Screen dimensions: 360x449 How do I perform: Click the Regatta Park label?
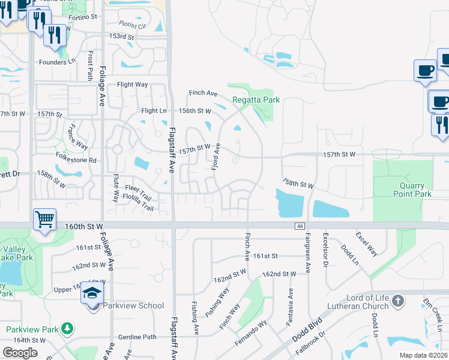click(256, 100)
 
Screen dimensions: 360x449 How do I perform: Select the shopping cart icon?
click(45, 220)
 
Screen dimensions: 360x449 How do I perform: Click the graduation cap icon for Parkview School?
click(92, 293)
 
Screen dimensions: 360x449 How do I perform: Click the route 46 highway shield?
click(299, 226)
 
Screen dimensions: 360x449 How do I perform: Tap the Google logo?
click(20, 353)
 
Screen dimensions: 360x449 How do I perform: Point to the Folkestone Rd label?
click(76, 160)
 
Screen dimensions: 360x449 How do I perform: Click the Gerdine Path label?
click(137, 337)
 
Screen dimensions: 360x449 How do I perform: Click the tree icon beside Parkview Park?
click(68, 329)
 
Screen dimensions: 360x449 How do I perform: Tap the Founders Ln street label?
click(58, 62)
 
